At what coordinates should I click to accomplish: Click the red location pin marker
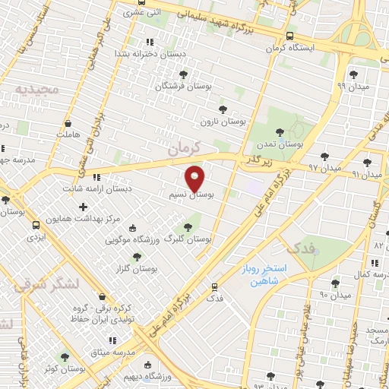(x=196, y=178)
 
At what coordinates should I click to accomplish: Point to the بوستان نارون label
(x=220, y=121)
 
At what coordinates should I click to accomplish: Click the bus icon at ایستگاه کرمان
(x=290, y=36)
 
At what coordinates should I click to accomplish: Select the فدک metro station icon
(x=215, y=286)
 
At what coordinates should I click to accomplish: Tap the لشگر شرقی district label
(x=46, y=285)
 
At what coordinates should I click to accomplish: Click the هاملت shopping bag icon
(x=68, y=122)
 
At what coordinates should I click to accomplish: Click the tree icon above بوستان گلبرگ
(x=187, y=226)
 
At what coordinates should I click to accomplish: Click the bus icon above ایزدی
(x=36, y=225)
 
